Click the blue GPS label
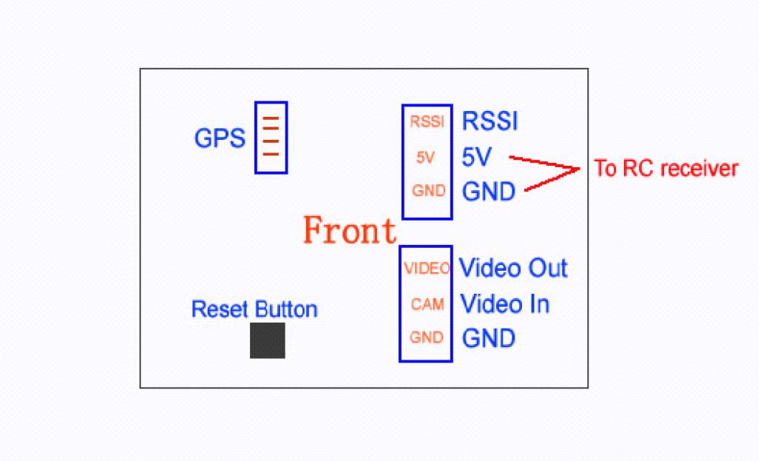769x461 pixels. tap(219, 138)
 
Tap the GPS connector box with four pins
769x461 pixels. tap(271, 138)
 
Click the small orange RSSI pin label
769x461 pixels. tap(427, 122)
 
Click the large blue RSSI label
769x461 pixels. tap(489, 121)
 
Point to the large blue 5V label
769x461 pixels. tap(477, 157)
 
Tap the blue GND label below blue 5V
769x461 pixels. tap(488, 192)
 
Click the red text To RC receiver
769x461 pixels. tap(665, 169)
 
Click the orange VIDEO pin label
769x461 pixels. tap(427, 269)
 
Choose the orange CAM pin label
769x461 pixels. tap(427, 303)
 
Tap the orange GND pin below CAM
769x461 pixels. tap(426, 337)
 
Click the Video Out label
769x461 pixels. tap(513, 268)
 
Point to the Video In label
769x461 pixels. tap(504, 303)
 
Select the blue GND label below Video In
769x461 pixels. tap(488, 338)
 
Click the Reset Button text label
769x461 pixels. tap(254, 309)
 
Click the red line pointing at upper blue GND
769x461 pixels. tap(551, 181)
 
